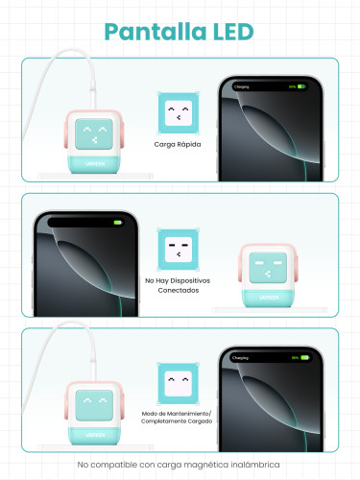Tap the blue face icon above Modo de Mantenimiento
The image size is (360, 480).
click(179, 380)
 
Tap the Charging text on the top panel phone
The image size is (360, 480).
click(241, 86)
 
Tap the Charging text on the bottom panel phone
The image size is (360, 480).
click(241, 357)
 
